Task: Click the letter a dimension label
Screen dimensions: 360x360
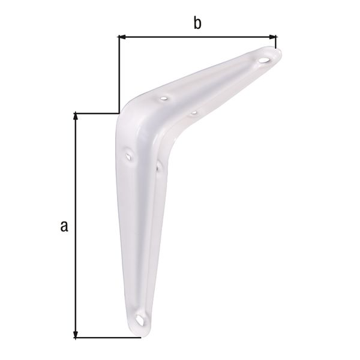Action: [x=64, y=226]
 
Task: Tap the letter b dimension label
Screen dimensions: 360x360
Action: [x=197, y=23]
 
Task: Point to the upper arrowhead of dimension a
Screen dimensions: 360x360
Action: [x=76, y=116]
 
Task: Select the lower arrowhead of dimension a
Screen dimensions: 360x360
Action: [x=76, y=335]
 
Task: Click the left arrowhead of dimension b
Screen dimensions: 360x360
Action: [x=121, y=37]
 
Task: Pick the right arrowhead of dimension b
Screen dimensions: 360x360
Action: [x=272, y=37]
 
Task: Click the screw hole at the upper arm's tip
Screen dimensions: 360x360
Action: [x=264, y=61]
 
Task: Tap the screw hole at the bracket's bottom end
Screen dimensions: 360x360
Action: [x=140, y=320]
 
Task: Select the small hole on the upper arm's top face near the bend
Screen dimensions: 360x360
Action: [x=164, y=99]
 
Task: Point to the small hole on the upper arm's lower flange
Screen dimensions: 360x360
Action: [x=194, y=113]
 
